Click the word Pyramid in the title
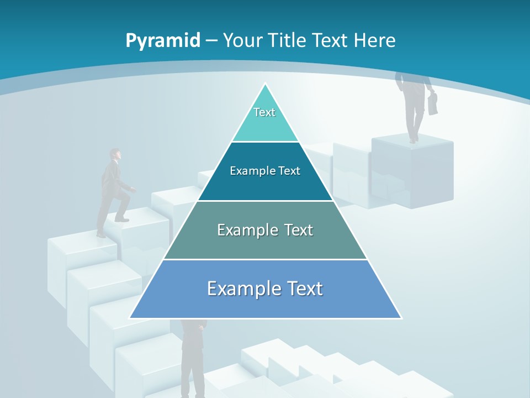pyautogui.click(x=163, y=41)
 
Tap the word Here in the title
pyautogui.click(x=374, y=40)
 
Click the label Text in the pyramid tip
pyautogui.click(x=264, y=112)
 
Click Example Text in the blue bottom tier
pyautogui.click(x=265, y=289)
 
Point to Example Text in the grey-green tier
pyautogui.click(x=265, y=230)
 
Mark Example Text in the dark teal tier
pyautogui.click(x=265, y=171)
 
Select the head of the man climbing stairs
pyautogui.click(x=115, y=154)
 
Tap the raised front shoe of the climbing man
pyautogui.click(x=123, y=219)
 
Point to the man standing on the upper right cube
pyautogui.click(x=415, y=105)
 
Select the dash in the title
pyautogui.click(x=211, y=41)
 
